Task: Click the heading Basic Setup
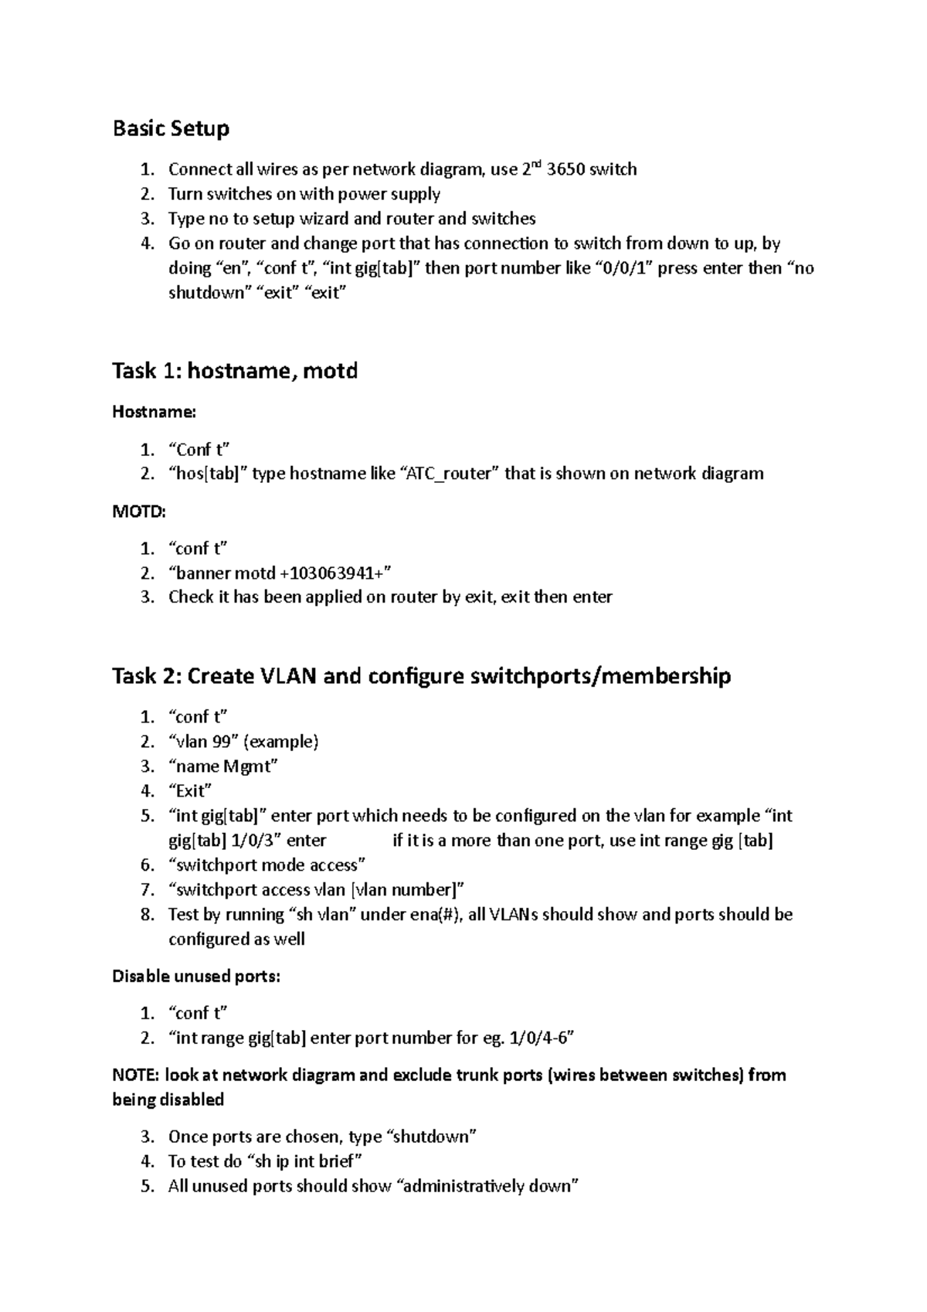point(171,128)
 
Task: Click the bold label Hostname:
point(154,412)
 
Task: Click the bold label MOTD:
point(139,511)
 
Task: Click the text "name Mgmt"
point(223,766)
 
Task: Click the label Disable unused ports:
point(196,976)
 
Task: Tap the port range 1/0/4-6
point(539,1038)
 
